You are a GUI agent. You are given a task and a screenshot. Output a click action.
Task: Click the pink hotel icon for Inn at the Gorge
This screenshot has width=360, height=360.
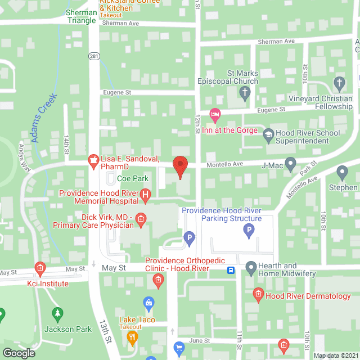point(214,115)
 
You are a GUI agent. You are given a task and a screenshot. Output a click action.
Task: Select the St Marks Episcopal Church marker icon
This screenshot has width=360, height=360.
point(244,94)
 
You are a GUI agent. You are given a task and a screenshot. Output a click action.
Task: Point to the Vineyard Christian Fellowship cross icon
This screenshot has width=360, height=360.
point(339,84)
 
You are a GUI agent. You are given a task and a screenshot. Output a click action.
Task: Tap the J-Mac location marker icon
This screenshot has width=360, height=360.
point(290,164)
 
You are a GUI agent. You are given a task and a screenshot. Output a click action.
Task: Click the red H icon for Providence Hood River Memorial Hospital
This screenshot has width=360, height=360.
point(146,197)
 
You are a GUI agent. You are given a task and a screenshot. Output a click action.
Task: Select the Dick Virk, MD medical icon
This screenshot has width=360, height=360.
point(141,218)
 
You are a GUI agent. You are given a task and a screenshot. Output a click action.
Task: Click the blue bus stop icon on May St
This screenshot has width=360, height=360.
point(231,270)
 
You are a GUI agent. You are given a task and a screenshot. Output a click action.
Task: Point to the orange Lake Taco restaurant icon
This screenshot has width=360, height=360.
point(133,337)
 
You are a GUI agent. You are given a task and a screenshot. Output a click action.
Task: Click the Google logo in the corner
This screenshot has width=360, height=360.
point(19,353)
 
